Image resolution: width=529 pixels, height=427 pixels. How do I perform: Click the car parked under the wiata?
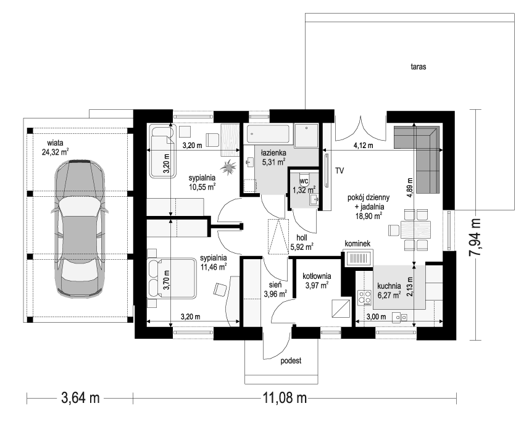click(80, 228)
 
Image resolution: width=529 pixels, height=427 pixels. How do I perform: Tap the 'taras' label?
click(419, 67)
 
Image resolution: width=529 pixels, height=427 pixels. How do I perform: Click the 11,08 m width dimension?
click(285, 398)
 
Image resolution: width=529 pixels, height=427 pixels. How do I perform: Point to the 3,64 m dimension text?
click(81, 398)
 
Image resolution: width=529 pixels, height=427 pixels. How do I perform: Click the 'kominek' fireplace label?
click(357, 244)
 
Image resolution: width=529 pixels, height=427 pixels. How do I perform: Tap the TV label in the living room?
click(339, 171)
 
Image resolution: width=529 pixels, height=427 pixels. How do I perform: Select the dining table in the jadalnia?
click(415, 230)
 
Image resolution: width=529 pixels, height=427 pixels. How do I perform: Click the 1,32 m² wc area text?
click(304, 189)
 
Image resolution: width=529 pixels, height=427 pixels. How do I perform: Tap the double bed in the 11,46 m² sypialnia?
click(172, 278)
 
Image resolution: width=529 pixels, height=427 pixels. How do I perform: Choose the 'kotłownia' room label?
click(317, 276)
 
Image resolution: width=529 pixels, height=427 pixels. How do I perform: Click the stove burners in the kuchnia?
click(364, 298)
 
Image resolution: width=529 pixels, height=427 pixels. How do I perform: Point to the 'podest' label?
click(291, 361)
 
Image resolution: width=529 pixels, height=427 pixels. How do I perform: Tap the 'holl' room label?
click(302, 238)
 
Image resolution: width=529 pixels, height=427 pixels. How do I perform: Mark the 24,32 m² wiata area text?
click(56, 152)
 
